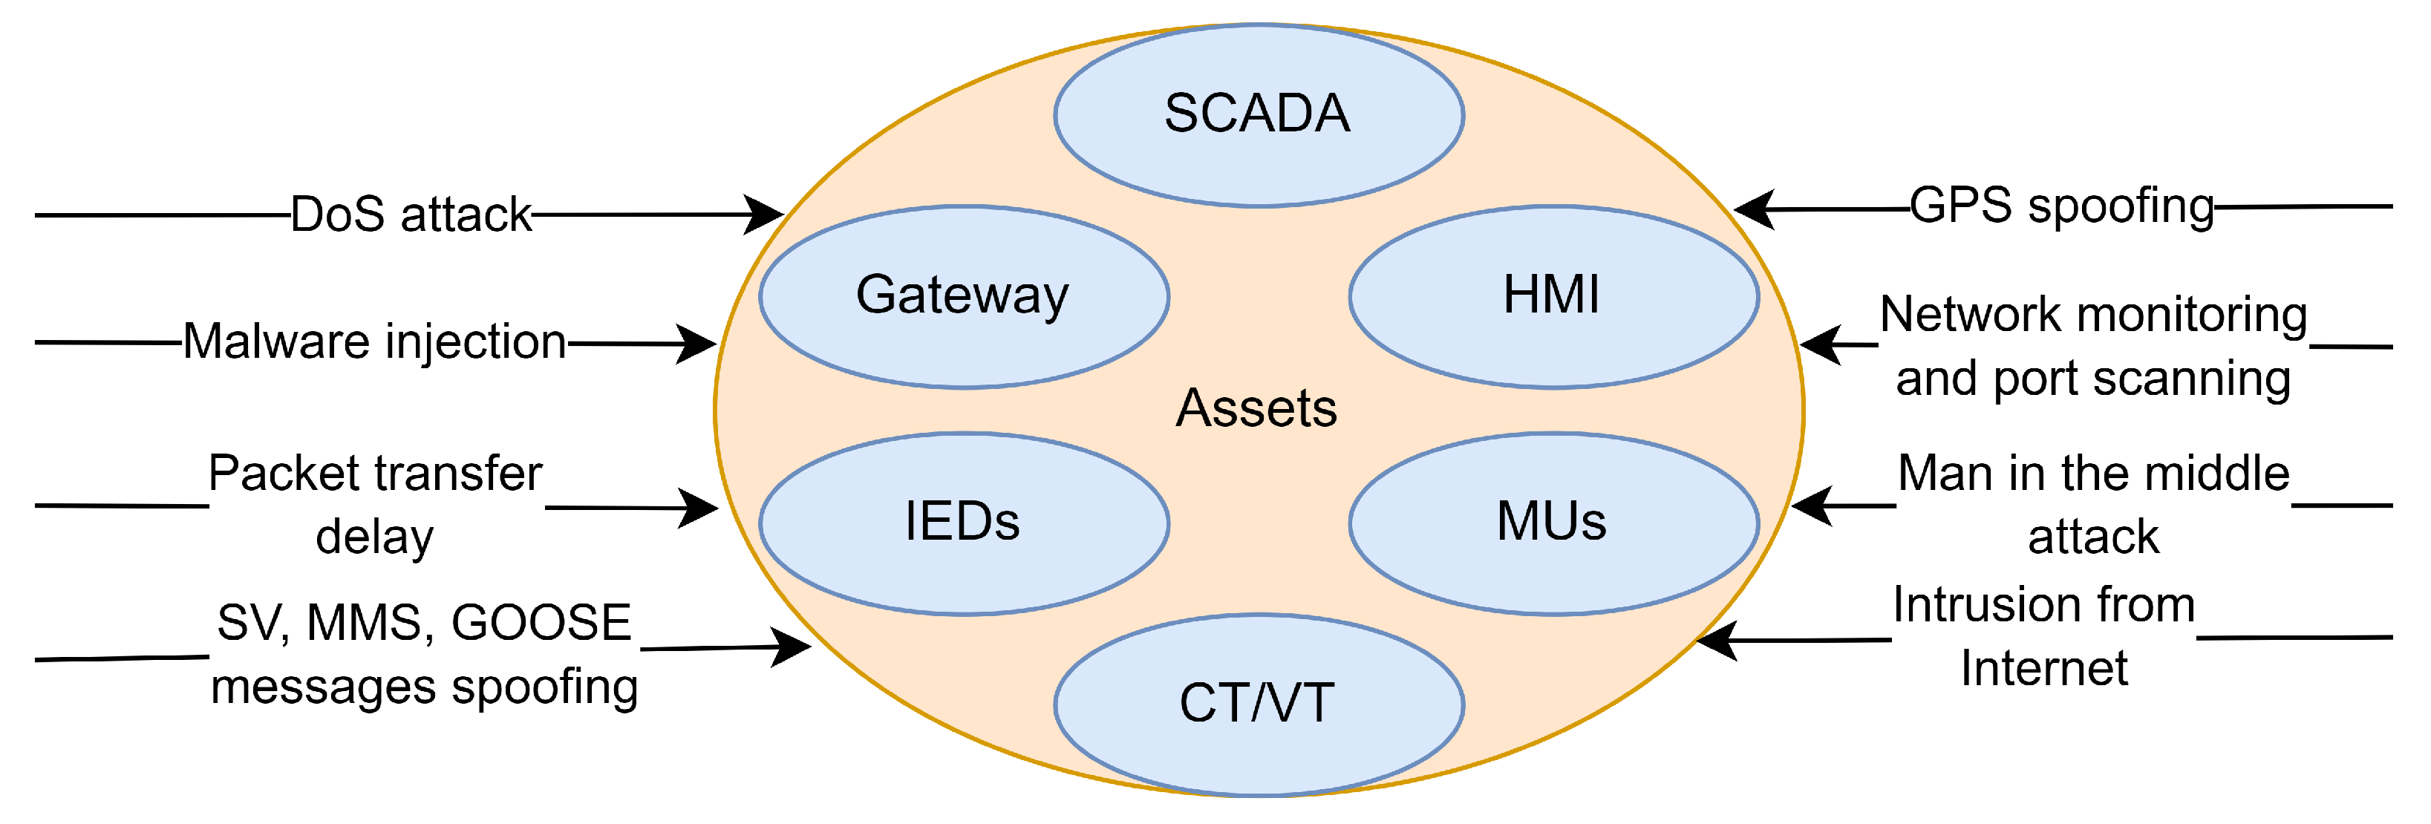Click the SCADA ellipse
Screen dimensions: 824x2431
1258,114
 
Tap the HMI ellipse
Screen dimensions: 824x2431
1553,295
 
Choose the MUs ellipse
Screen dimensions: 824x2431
1553,523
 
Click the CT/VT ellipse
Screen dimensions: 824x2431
1258,704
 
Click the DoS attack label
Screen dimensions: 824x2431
411,215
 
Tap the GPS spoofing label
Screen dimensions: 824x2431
2062,206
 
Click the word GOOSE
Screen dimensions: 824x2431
541,623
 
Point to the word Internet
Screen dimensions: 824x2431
2044,668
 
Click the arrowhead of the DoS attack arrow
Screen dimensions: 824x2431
766,215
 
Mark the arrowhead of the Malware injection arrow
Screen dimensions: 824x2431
699,344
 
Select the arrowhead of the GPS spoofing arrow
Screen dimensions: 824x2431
1752,209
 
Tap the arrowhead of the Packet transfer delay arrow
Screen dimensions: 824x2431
701,508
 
